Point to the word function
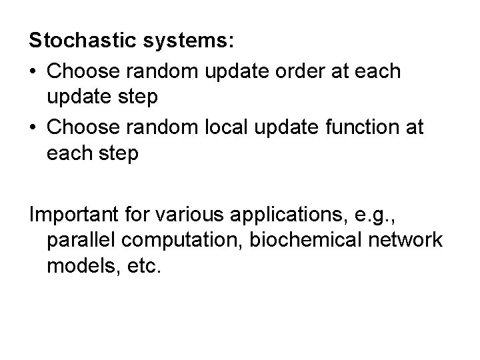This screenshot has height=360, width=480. click(x=361, y=127)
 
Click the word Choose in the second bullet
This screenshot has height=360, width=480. click(x=80, y=127)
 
